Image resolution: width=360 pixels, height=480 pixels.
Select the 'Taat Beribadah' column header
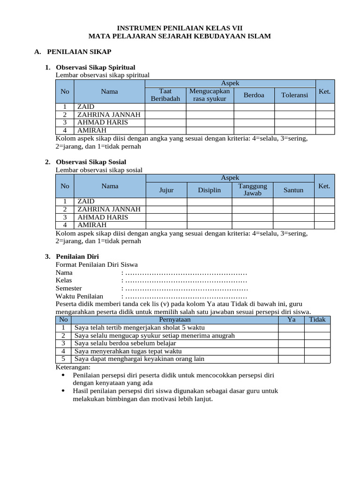(165, 95)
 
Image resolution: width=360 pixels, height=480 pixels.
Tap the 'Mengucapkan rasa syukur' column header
(210, 95)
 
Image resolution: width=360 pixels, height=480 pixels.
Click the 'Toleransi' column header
(294, 95)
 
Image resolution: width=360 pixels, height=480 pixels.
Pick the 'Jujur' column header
(166, 190)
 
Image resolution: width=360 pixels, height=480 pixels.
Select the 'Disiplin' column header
(209, 190)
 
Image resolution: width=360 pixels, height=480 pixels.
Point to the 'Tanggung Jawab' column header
(252, 189)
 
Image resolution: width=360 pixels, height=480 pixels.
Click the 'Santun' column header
(293, 190)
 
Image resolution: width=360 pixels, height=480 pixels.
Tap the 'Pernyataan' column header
(175, 320)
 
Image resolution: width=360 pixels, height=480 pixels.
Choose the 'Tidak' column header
(317, 320)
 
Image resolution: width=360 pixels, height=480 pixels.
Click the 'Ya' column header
(291, 320)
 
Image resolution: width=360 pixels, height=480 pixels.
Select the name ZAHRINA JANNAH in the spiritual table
(109, 114)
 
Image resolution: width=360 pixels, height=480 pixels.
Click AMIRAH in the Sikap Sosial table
(92, 225)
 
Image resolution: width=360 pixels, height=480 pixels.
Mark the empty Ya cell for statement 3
(291, 343)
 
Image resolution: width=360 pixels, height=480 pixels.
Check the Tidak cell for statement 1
(317, 328)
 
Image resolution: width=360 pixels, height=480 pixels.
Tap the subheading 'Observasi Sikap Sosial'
(91, 162)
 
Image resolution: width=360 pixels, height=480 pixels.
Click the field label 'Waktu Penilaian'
(79, 297)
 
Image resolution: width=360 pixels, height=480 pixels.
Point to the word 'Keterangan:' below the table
(73, 367)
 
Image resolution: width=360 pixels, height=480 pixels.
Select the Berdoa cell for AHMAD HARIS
(254, 122)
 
